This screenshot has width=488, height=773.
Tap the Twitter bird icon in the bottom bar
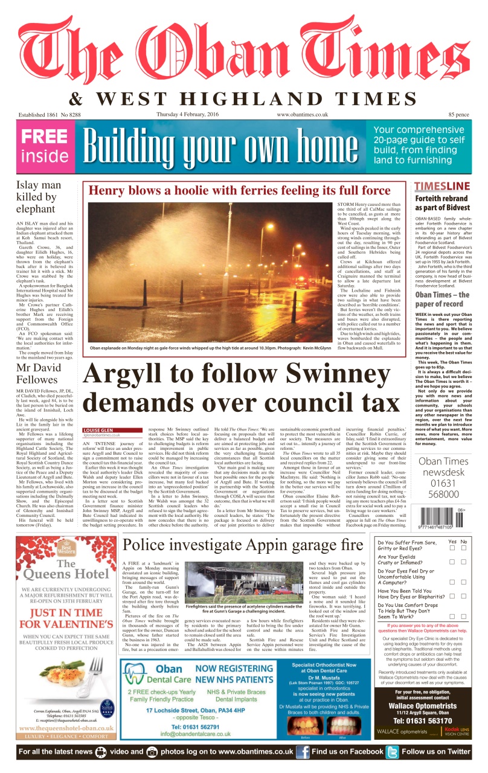[x=393, y=752]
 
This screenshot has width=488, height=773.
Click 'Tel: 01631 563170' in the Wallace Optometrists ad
[x=423, y=720]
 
